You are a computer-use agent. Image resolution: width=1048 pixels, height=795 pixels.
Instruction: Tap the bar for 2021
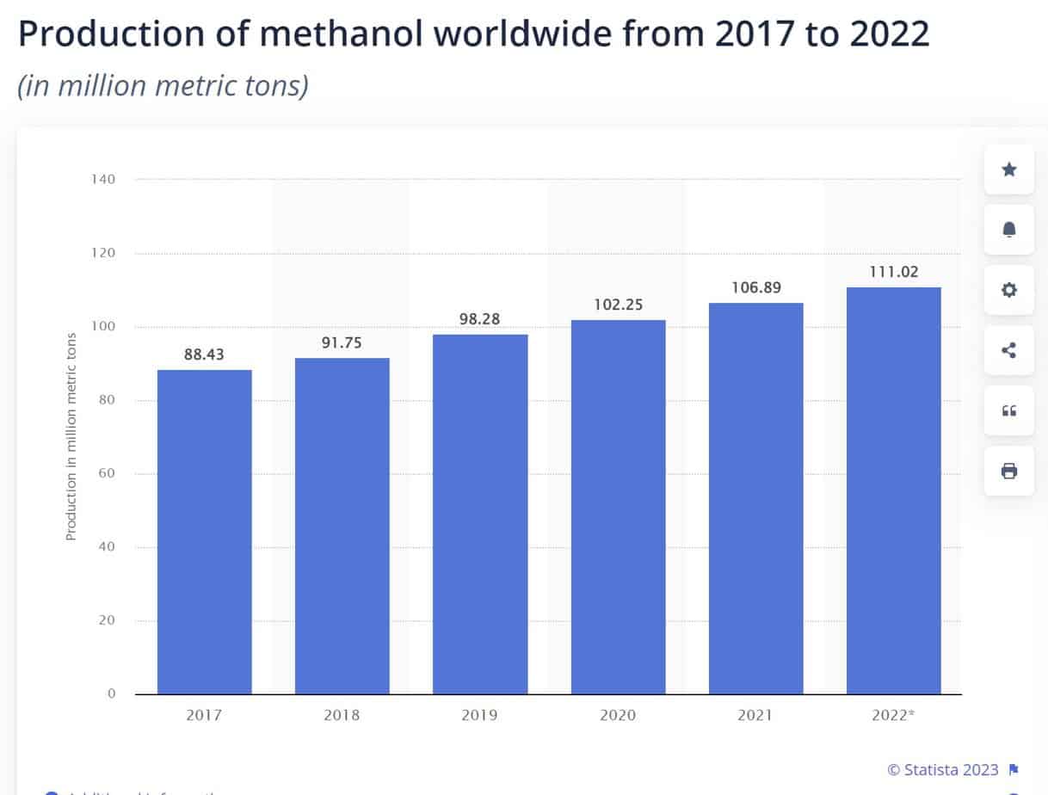pyautogui.click(x=755, y=498)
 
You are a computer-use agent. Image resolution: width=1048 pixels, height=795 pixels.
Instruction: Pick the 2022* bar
pyautogui.click(x=893, y=490)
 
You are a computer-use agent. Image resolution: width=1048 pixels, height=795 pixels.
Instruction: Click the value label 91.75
pyautogui.click(x=342, y=343)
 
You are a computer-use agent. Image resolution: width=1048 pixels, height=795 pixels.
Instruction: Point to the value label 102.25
pyautogui.click(x=618, y=305)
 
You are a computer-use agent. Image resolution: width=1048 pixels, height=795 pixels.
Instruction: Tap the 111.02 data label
pyautogui.click(x=893, y=272)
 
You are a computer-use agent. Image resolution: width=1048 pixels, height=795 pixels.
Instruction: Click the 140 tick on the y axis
pyautogui.click(x=103, y=180)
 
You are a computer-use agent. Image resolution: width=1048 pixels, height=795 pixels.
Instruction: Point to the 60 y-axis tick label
pyautogui.click(x=107, y=474)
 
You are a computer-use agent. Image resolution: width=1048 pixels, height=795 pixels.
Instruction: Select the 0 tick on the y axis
pyautogui.click(x=112, y=693)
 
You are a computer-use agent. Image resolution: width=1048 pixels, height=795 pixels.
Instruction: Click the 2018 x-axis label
pyautogui.click(x=342, y=715)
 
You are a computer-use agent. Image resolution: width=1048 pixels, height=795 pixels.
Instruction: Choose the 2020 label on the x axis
pyautogui.click(x=618, y=715)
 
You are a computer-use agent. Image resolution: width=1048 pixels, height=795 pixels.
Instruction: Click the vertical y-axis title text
pyautogui.click(x=71, y=436)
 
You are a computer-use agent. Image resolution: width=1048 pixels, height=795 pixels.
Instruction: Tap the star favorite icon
pyautogui.click(x=1009, y=169)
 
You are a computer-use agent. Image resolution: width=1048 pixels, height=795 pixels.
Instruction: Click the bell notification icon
pyautogui.click(x=1009, y=229)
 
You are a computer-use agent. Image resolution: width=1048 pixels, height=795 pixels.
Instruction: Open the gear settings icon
pyautogui.click(x=1009, y=290)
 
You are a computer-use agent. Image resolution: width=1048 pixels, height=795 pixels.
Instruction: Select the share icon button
pyautogui.click(x=1009, y=350)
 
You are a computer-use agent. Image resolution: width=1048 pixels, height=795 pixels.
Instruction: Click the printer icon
pyautogui.click(x=1009, y=471)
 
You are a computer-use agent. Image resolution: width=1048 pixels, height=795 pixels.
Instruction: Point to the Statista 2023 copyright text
pyautogui.click(x=943, y=769)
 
